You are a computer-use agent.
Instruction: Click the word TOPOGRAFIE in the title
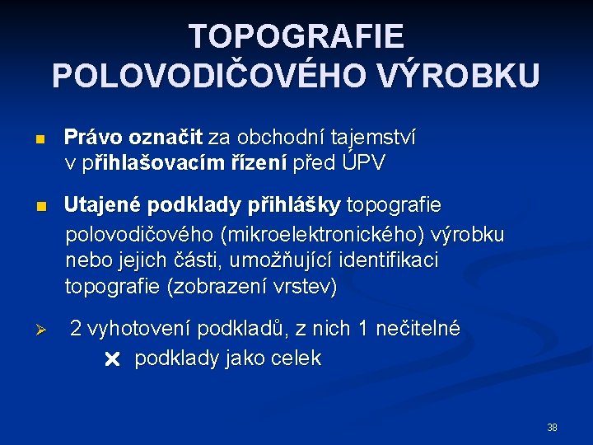296,37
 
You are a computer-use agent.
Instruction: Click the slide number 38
552,428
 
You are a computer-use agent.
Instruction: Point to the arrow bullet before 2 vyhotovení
47,330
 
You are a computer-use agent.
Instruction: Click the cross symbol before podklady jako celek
113,359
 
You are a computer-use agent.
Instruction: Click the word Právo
91,137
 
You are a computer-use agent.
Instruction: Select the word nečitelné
418,329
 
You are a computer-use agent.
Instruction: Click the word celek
298,358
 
